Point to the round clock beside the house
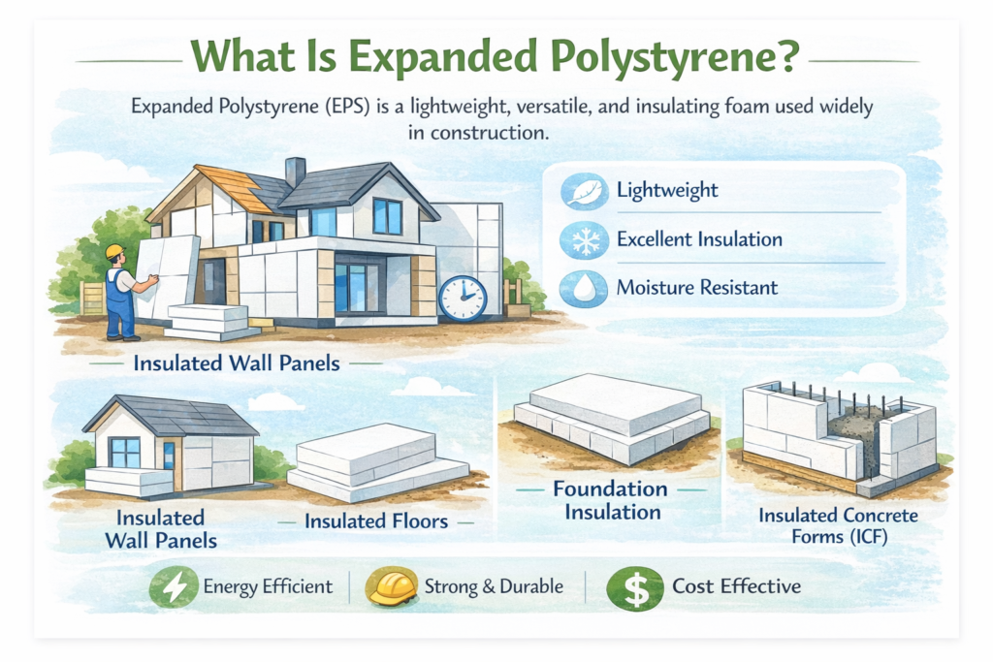(463, 296)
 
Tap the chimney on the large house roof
(296, 172)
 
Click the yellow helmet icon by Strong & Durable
(390, 586)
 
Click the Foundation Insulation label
(610, 500)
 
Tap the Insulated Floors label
(376, 521)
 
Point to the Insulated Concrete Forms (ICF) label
(838, 525)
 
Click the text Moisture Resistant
(697, 288)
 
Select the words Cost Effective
(737, 586)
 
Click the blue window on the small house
(124, 452)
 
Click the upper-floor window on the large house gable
(387, 215)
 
